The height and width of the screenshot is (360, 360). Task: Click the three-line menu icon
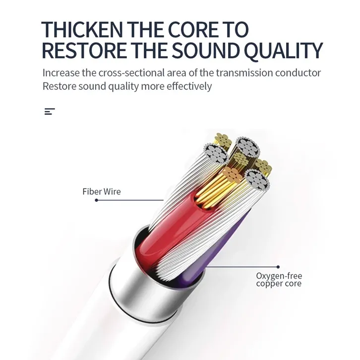[49, 112]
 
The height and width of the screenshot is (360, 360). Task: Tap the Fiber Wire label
[101, 191]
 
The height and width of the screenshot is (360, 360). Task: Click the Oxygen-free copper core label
[279, 280]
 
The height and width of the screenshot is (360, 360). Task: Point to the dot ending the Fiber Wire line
[96, 200]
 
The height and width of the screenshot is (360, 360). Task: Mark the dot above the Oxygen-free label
[278, 267]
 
